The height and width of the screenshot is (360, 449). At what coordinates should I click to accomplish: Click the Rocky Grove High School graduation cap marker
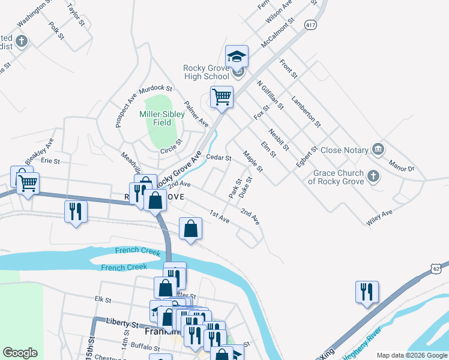tap(237, 58)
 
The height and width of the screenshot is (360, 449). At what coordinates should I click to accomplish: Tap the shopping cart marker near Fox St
tap(221, 97)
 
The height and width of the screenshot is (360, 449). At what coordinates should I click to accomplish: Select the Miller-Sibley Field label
tap(155, 118)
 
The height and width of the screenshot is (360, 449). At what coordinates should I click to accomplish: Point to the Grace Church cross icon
tap(373, 176)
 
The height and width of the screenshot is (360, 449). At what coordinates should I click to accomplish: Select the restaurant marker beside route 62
tap(366, 292)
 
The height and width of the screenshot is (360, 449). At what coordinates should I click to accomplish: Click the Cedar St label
tap(218, 158)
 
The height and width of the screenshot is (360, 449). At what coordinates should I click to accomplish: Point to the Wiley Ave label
tap(379, 217)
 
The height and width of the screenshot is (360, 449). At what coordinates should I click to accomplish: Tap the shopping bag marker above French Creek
tap(190, 229)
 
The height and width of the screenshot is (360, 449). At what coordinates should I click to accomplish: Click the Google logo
tap(20, 353)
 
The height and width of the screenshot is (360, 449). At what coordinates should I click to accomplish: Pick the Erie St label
tap(50, 161)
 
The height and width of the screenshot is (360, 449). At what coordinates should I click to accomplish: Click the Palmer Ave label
tap(196, 113)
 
